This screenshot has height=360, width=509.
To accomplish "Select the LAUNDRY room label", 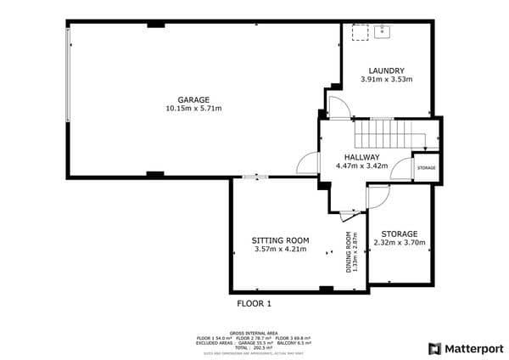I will (x=386, y=70).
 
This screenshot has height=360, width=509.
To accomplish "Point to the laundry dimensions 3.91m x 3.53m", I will (x=386, y=80).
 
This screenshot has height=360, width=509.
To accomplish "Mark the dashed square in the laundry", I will (x=359, y=31).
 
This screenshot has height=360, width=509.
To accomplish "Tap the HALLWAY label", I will (x=362, y=157).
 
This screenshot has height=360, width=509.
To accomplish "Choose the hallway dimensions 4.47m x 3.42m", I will (x=362, y=166).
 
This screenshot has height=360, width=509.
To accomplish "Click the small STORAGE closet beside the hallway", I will (x=426, y=168).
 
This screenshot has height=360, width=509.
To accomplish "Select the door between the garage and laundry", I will (x=336, y=108).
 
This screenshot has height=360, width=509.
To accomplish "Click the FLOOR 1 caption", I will (x=253, y=302).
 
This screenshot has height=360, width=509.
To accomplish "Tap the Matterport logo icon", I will (x=434, y=348).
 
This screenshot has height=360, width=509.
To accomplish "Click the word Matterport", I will (x=474, y=348).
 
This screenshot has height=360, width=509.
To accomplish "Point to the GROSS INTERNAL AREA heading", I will (x=254, y=333).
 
